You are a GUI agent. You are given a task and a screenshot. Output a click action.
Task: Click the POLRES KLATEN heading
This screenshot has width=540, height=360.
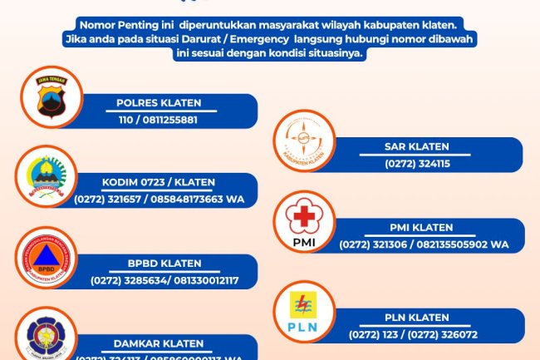click(x=158, y=104)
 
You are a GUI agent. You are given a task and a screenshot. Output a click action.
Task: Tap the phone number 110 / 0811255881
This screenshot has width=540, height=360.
click(x=158, y=120)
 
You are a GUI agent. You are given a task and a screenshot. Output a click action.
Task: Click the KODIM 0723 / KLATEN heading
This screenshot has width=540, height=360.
click(x=158, y=183)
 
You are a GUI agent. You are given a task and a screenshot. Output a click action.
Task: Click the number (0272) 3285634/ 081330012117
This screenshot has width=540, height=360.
click(x=164, y=280)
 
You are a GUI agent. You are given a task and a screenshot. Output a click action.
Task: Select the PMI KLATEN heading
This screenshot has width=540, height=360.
click(x=421, y=228)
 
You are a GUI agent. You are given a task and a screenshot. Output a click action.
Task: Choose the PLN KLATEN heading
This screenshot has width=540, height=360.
click(x=418, y=318)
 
